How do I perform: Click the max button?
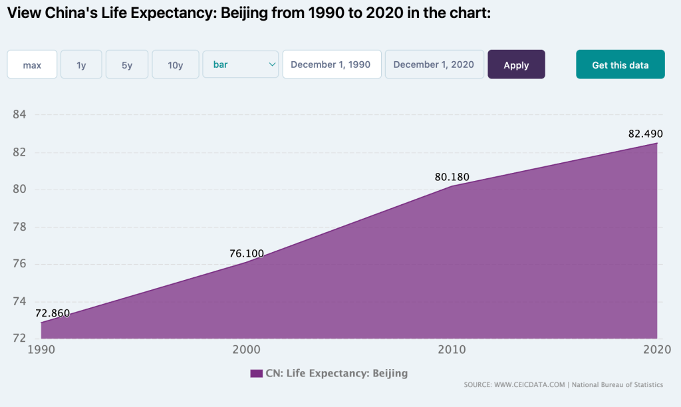click(32, 65)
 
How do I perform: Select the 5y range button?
click(127, 65)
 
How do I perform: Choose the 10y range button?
click(176, 65)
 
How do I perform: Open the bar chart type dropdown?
click(241, 64)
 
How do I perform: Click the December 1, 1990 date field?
click(331, 65)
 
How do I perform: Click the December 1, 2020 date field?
click(434, 65)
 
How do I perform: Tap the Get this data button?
click(620, 65)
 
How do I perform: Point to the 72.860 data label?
click(53, 313)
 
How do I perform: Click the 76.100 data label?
click(247, 253)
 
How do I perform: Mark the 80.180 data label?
click(452, 177)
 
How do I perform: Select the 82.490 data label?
click(645, 134)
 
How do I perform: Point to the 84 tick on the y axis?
click(19, 115)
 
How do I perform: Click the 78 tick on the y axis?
click(19, 227)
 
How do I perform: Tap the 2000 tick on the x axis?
click(246, 348)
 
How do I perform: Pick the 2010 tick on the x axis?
click(452, 348)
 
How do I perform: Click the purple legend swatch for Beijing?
click(256, 374)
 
